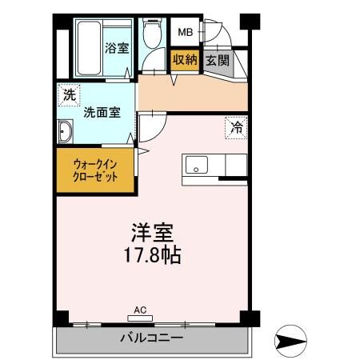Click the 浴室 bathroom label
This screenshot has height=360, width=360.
tap(118, 48)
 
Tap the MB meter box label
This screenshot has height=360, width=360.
tap(185, 33)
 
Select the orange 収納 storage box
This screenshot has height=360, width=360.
tap(184, 60)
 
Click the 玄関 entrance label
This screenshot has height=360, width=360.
tap(216, 60)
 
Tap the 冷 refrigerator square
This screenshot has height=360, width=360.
tap(237, 126)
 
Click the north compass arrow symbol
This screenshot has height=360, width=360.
tap(291, 341)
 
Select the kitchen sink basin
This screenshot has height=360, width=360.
tap(196, 166)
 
